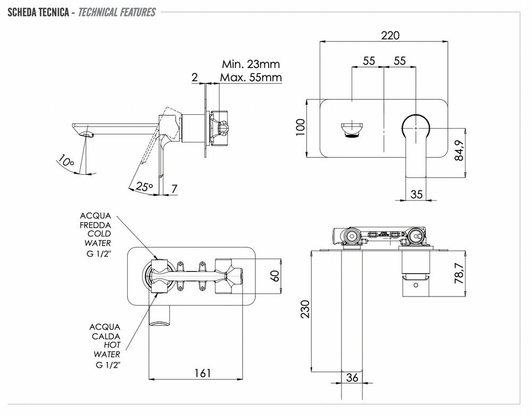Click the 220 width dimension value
tap(390, 36)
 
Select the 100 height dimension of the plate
tap(300, 128)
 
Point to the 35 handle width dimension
tap(417, 194)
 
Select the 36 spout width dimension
tap(352, 378)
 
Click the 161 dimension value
tap(202, 373)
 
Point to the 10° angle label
tap(66, 161)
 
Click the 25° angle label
tap(144, 187)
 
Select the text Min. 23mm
tap(251, 64)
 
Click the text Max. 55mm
tap(251, 78)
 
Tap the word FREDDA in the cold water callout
tap(96, 225)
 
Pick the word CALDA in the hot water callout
tap(105, 336)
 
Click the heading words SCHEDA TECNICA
tap(37, 12)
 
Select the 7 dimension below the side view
tap(174, 188)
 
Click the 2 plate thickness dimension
tap(195, 78)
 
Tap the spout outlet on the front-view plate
tap(352, 130)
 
